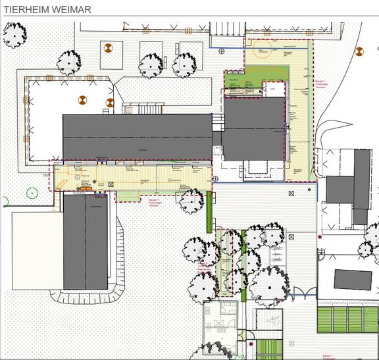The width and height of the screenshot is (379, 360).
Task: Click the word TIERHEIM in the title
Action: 26,9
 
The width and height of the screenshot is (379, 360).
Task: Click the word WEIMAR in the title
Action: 72,9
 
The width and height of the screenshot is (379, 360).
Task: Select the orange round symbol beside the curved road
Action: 359,51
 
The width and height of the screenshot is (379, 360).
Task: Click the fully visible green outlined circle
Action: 31,193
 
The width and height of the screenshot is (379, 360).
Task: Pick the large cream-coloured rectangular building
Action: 37,250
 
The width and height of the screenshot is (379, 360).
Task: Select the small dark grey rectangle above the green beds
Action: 353,280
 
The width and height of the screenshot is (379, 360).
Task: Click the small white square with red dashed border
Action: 270,88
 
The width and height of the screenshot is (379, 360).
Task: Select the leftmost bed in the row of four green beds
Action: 324,320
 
